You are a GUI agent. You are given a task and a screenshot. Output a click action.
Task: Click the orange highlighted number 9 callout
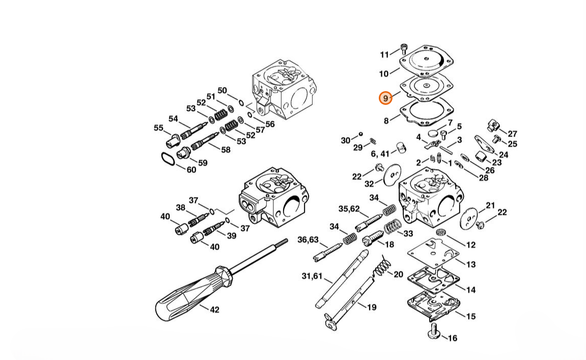click(x=386, y=98)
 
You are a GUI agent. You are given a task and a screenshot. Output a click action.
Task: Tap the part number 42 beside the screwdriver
click(x=214, y=310)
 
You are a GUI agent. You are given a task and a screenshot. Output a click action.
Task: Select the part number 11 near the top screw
click(x=384, y=55)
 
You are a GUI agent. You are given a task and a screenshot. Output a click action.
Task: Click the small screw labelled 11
click(x=404, y=48)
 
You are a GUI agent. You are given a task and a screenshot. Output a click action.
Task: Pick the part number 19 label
click(x=372, y=307)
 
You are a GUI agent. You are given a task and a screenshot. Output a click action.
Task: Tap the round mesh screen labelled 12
click(x=441, y=232)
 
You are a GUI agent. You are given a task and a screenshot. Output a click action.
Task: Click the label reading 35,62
click(x=349, y=209)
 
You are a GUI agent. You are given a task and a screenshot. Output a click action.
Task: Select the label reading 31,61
click(x=312, y=276)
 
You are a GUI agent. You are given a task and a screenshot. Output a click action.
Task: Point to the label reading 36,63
click(x=308, y=240)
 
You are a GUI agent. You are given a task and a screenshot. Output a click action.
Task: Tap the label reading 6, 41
click(x=380, y=154)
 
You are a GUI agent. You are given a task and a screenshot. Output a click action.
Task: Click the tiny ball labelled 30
click(x=360, y=133)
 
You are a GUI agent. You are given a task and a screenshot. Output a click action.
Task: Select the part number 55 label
click(x=159, y=128)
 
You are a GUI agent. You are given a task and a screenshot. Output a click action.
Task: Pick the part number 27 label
click(x=512, y=134)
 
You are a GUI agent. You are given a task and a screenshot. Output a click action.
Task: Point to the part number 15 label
click(x=471, y=316)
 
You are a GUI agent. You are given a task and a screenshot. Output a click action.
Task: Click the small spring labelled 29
click(x=373, y=141)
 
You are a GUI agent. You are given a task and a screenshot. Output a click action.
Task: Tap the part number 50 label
click(x=222, y=91)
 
